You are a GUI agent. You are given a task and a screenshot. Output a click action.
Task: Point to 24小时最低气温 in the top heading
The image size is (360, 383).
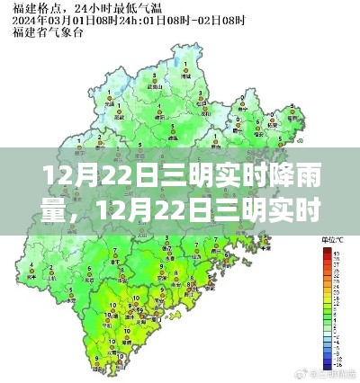click(89, 8)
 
